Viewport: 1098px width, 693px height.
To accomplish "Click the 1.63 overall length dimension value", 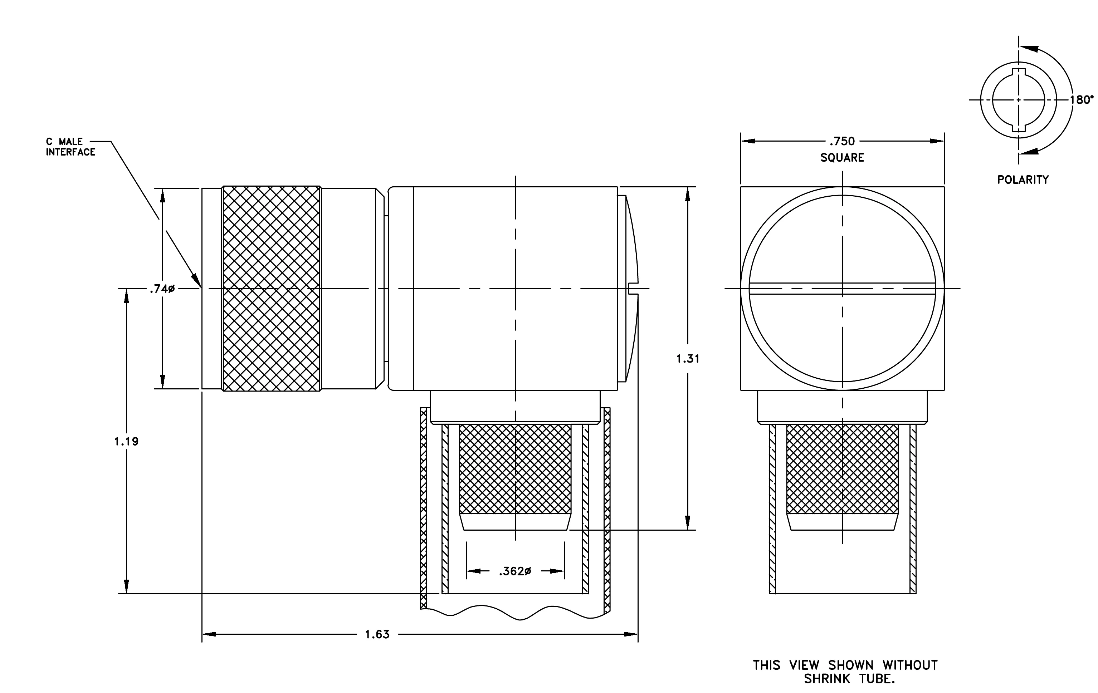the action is pyautogui.click(x=377, y=634).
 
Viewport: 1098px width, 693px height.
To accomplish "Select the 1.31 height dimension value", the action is pyautogui.click(x=688, y=359).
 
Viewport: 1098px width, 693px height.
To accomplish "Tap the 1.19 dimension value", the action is pyautogui.click(x=126, y=441).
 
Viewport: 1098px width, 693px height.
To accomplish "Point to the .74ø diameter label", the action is pyautogui.click(x=162, y=289).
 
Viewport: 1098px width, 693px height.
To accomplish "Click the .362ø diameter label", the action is pyautogui.click(x=515, y=571).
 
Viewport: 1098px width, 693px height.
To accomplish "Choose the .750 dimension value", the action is pyautogui.click(x=842, y=141).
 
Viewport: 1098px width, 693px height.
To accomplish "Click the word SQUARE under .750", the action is pyautogui.click(x=842, y=158).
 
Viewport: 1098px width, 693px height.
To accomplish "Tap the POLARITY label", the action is pyautogui.click(x=1023, y=180).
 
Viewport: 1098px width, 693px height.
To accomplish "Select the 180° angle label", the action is pyautogui.click(x=1082, y=100).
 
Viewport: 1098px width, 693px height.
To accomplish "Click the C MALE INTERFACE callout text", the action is pyautogui.click(x=71, y=147).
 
